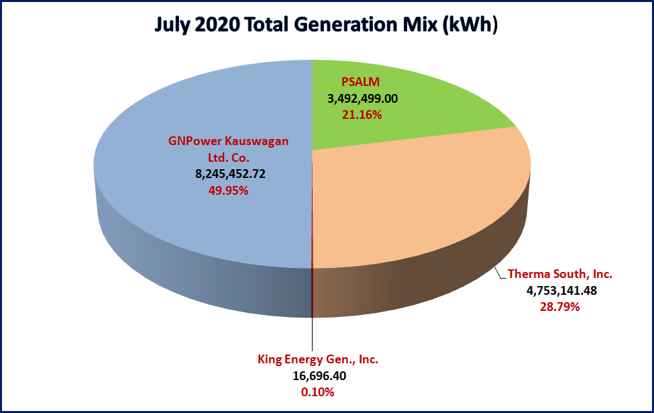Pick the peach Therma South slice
(416, 201)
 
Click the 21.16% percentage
(362, 115)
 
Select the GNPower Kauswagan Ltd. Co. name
(227, 149)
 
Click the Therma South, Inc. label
(559, 274)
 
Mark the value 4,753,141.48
(559, 291)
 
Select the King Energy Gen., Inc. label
(318, 359)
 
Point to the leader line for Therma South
(500, 273)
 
